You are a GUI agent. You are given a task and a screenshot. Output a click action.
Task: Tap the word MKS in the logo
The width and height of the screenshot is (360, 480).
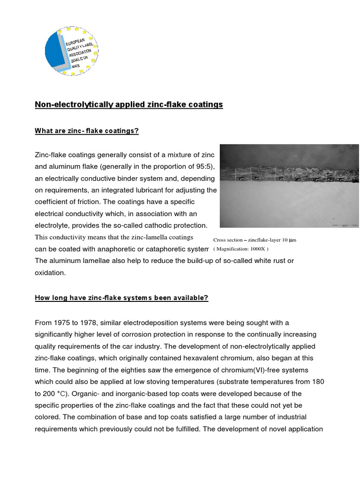coord(76,66)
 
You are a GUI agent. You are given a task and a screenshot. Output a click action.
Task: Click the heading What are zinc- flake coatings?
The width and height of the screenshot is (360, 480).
coord(87,131)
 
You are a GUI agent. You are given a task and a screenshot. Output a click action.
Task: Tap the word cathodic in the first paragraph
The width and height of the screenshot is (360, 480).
coord(160,225)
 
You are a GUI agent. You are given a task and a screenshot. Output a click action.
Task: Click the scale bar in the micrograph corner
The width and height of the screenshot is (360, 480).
coord(345,225)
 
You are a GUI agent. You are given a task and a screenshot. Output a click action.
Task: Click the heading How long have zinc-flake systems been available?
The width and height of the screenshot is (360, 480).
coord(121,298)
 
